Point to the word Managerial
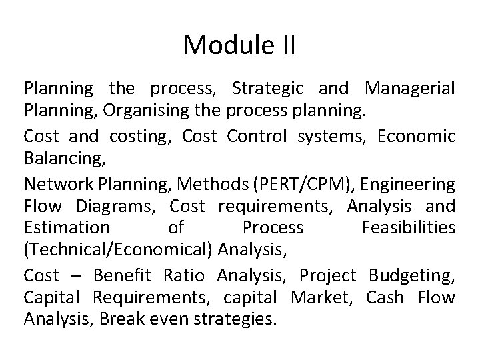pos(410,88)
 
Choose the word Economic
pos(416,136)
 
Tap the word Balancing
pos(59,159)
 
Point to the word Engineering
pos(406,183)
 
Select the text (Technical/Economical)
pos(119,252)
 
